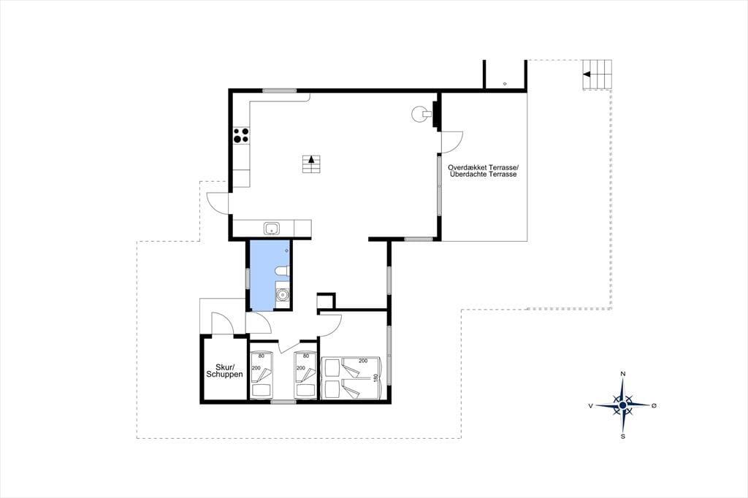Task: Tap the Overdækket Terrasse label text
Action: click(x=483, y=168)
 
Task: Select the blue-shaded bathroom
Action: click(x=268, y=275)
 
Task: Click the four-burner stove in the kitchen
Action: click(x=241, y=136)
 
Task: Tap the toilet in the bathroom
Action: click(x=282, y=272)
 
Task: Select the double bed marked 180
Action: click(x=351, y=378)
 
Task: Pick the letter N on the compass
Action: click(x=622, y=374)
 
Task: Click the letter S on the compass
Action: click(x=622, y=436)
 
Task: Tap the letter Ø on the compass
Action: click(x=654, y=405)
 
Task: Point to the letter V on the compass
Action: click(x=591, y=406)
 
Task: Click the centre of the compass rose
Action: click(x=622, y=405)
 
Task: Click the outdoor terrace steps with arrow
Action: click(x=597, y=74)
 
